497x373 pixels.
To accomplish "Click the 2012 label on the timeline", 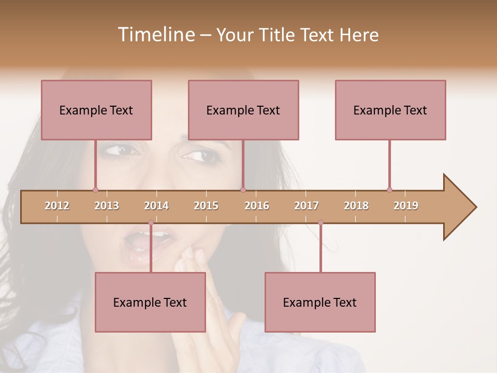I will [57, 206].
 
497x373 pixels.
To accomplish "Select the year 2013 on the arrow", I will [107, 206].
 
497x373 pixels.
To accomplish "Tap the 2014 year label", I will [156, 206].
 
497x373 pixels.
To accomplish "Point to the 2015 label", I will [206, 206].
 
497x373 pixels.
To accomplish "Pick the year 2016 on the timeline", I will [257, 206].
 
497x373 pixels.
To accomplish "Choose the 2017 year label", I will [306, 206].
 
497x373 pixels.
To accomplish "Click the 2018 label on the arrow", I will [356, 206].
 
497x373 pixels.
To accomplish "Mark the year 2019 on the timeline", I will [406, 206].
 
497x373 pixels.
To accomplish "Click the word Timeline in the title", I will [155, 35].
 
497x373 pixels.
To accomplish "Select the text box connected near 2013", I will [96, 110].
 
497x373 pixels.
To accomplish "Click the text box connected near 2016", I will [243, 110].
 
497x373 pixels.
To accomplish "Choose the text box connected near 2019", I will [390, 110].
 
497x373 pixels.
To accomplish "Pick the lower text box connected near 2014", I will [150, 302].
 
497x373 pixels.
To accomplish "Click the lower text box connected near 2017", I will [320, 302].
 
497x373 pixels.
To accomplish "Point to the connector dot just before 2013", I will [95, 190].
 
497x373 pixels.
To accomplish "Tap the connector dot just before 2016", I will [243, 190].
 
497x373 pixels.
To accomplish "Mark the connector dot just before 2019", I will [389, 190].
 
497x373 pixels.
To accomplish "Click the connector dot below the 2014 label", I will [151, 223].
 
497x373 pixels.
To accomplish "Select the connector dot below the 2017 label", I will [320, 223].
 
